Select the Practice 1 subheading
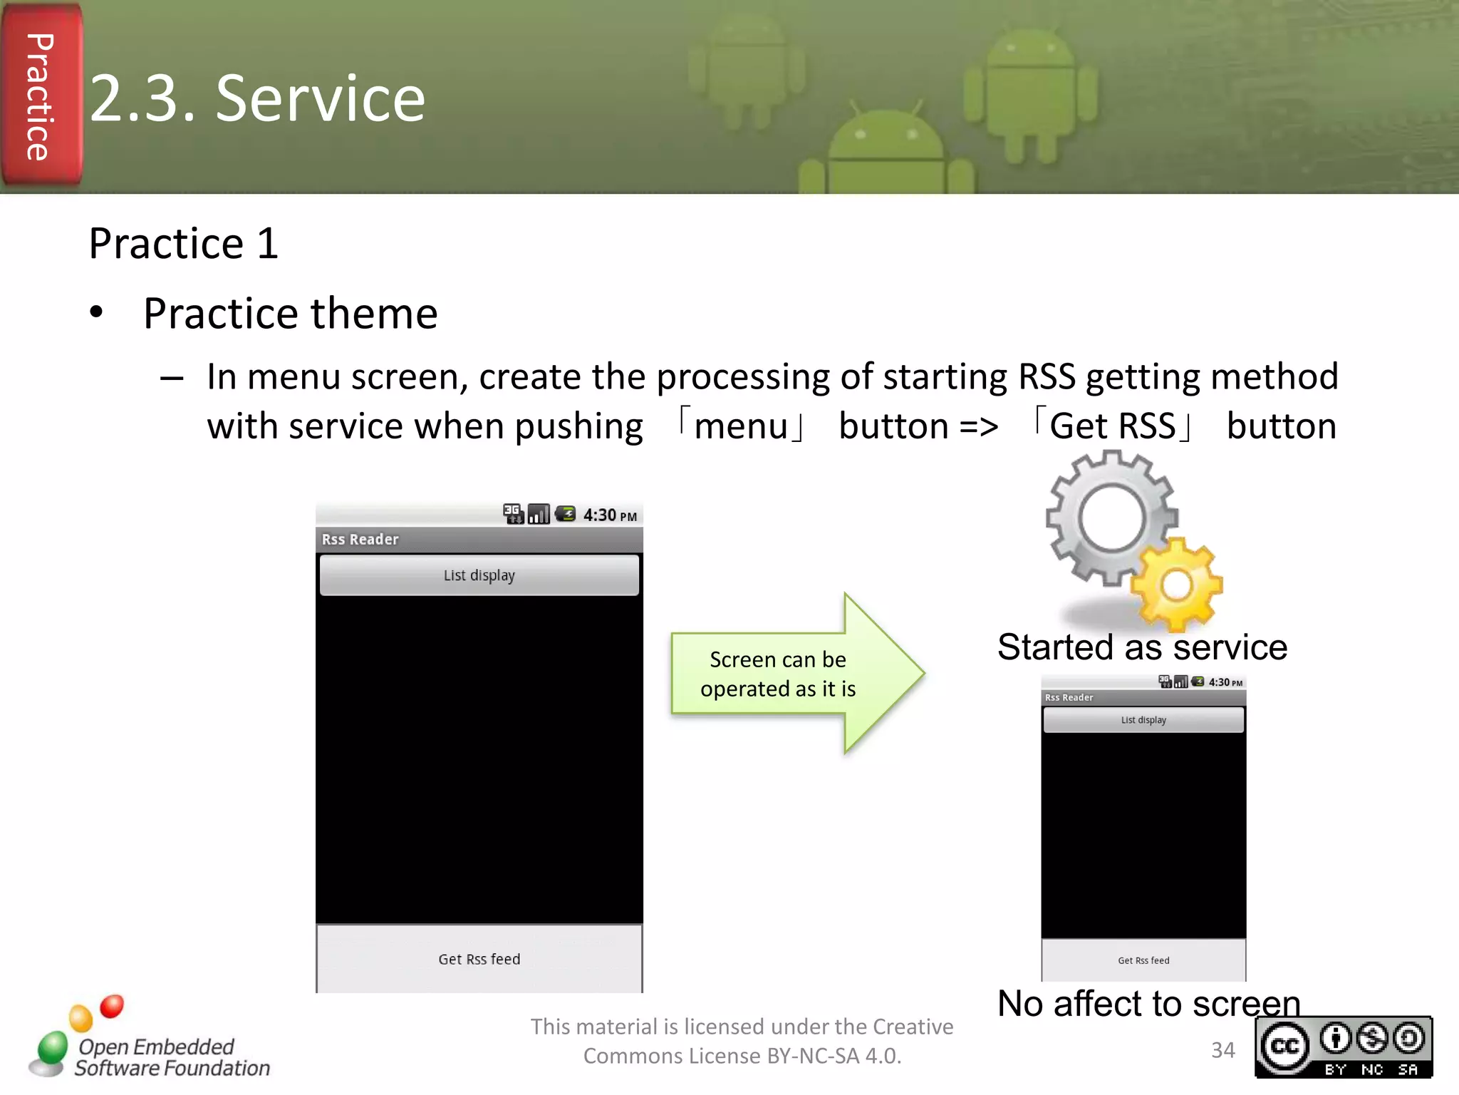183,244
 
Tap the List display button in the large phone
479,575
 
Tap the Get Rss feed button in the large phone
479,959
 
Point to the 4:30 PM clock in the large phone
609,515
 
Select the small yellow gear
1177,585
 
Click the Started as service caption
1142,647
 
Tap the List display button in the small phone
1143,720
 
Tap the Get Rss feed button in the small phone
1143,960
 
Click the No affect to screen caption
1148,1004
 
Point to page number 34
1222,1050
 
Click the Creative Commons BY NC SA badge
1343,1047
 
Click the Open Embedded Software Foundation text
171,1057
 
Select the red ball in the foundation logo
112,1006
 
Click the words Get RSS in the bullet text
1112,426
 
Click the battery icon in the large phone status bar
566,514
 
